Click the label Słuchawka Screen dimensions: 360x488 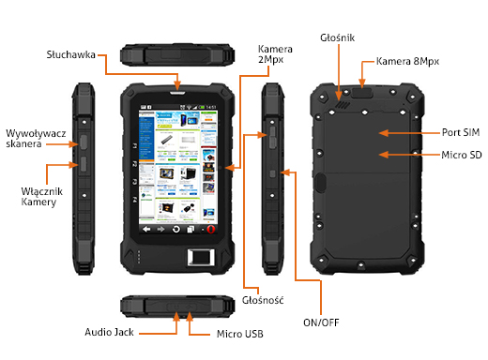[72, 55]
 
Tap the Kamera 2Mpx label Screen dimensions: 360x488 [276, 55]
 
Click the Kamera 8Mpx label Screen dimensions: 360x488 [407, 61]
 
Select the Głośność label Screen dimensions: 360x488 [262, 299]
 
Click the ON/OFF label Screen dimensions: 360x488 [321, 323]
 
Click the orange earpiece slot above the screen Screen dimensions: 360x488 [178, 90]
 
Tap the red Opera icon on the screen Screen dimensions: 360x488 [211, 229]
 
